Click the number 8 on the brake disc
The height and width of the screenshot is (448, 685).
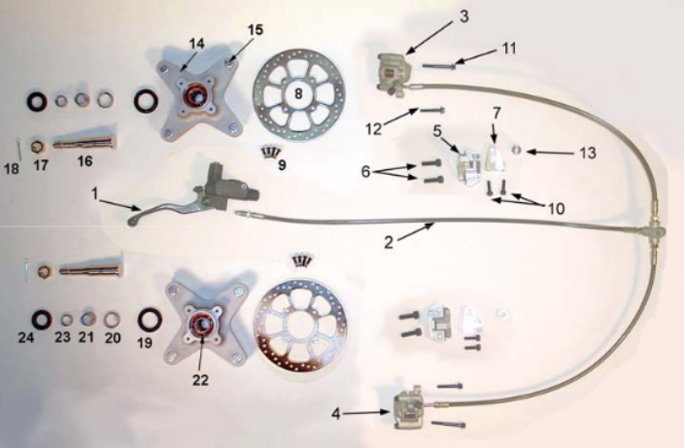pyautogui.click(x=298, y=93)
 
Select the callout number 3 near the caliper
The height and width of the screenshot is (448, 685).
pyautogui.click(x=463, y=17)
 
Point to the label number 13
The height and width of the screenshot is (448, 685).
pyautogui.click(x=588, y=153)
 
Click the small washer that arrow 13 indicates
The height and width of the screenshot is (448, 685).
pyautogui.click(x=516, y=151)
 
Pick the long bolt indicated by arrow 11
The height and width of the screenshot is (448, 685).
pyautogui.click(x=439, y=66)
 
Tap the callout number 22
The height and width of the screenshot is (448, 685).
pyautogui.click(x=200, y=380)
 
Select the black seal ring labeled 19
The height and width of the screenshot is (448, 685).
pyautogui.click(x=150, y=321)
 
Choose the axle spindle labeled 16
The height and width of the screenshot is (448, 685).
pyautogui.click(x=86, y=142)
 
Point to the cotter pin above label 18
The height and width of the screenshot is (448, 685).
pyautogui.click(x=18, y=149)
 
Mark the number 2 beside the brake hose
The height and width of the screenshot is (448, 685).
pyautogui.click(x=389, y=242)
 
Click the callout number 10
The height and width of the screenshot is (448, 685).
pyautogui.click(x=556, y=209)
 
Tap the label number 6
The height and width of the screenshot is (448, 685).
pyautogui.click(x=365, y=172)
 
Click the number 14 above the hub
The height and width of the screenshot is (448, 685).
pyautogui.click(x=196, y=44)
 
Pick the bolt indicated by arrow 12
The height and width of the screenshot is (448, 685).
pyautogui.click(x=432, y=110)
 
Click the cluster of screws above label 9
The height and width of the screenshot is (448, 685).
pyautogui.click(x=270, y=152)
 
